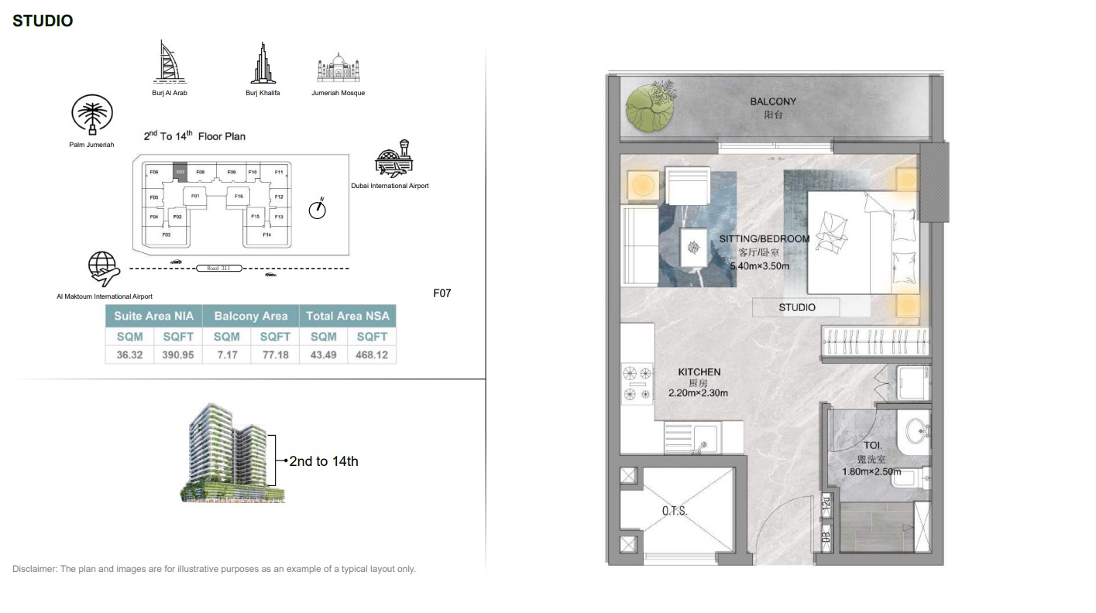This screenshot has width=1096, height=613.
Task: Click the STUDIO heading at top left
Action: pyautogui.click(x=43, y=21)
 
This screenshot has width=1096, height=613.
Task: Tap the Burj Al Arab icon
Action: pyautogui.click(x=169, y=62)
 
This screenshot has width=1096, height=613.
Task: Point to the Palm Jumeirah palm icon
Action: pyautogui.click(x=92, y=117)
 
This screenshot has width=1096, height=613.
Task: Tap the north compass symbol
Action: pyautogui.click(x=317, y=209)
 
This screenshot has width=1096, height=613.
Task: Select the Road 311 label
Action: pyautogui.click(x=219, y=268)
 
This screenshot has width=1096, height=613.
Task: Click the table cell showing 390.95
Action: pyautogui.click(x=177, y=355)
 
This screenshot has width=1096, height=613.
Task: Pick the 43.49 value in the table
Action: pyautogui.click(x=323, y=355)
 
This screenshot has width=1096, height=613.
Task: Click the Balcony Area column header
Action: pyautogui.click(x=250, y=316)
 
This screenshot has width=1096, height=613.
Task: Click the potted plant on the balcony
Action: pyautogui.click(x=649, y=109)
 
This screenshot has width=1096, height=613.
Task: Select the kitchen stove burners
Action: pyautogui.click(x=637, y=383)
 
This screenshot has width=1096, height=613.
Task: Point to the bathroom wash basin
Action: pyautogui.click(x=917, y=430)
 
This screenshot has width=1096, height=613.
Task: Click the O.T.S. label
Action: pyautogui.click(x=674, y=511)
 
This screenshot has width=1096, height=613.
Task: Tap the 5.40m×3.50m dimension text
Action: pyautogui.click(x=759, y=266)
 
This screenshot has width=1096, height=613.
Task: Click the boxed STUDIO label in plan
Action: pyautogui.click(x=796, y=307)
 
